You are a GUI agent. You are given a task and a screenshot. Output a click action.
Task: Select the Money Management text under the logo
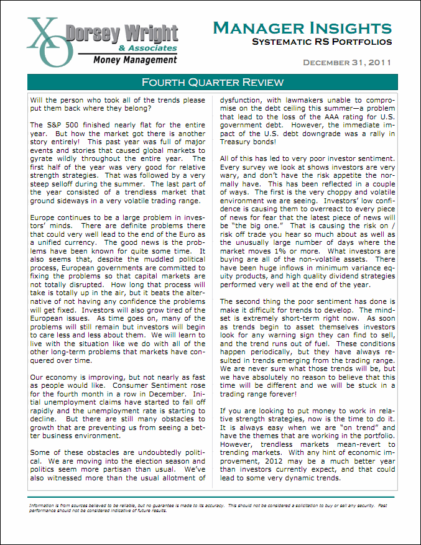[x=135, y=60]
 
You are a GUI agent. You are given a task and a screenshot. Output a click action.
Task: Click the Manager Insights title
[x=302, y=28]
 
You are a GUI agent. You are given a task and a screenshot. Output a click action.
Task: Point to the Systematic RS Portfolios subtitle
[x=322, y=42]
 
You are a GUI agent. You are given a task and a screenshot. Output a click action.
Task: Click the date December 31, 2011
[x=347, y=62]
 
